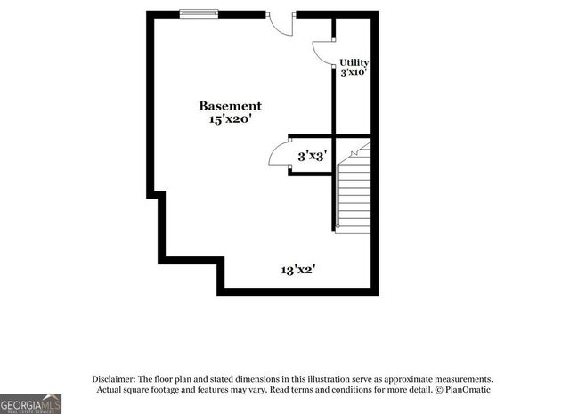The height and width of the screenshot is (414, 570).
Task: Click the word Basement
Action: [230, 106]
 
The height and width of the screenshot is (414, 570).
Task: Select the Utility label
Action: [354, 62]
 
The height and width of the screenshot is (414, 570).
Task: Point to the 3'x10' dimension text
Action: [354, 73]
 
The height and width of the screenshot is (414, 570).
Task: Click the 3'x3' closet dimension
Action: [312, 156]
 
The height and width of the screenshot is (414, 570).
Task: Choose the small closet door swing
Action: [281, 155]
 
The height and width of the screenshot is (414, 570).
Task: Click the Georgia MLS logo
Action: [30, 403]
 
